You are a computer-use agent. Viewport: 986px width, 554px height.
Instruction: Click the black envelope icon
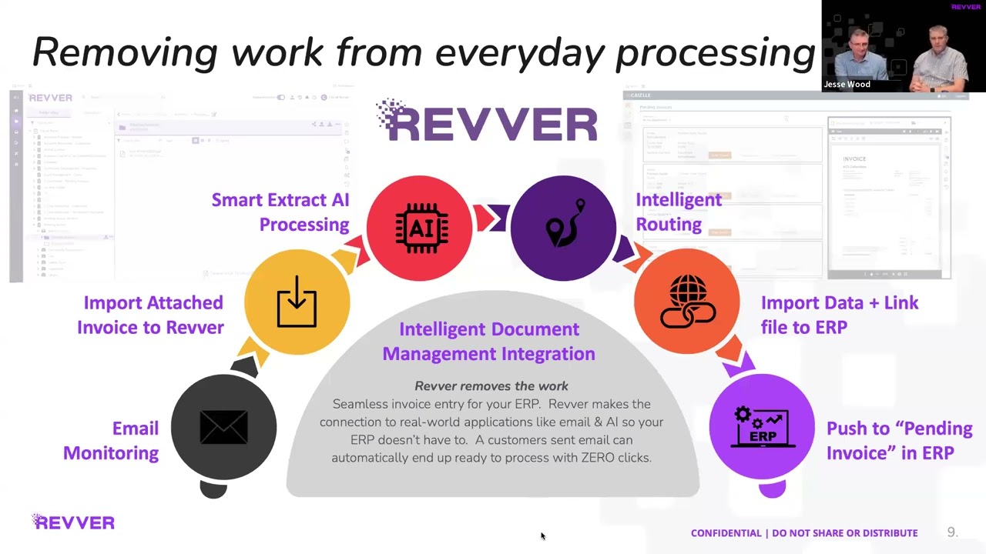tap(223, 428)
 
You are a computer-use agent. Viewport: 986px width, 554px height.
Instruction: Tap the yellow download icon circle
tap(297, 302)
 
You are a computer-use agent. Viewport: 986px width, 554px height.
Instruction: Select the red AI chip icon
tap(420, 228)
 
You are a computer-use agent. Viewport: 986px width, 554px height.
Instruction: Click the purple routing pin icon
tap(563, 228)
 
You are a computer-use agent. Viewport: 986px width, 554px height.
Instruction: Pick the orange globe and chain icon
tap(686, 302)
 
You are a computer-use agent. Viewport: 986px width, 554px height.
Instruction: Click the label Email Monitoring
tap(111, 440)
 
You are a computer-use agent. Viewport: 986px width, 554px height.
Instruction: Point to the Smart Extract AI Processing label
tap(280, 212)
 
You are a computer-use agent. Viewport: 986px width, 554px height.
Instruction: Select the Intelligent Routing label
tap(678, 212)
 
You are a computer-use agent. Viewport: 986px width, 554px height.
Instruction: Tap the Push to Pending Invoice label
tap(899, 440)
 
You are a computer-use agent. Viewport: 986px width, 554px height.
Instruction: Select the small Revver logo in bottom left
tap(73, 522)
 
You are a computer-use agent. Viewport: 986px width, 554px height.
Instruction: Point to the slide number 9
tap(951, 532)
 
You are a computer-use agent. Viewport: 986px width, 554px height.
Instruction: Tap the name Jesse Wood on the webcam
tap(847, 85)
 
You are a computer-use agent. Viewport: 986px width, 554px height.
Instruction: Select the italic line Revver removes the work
tap(491, 386)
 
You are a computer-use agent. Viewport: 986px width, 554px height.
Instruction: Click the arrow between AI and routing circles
tap(491, 219)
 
